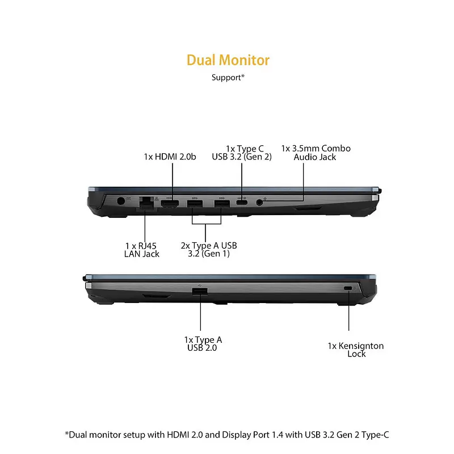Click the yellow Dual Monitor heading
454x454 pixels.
[x=228, y=60]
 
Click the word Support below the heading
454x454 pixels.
[x=226, y=77]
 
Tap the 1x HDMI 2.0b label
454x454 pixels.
[x=170, y=157]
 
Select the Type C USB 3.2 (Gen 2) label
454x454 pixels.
[x=242, y=153]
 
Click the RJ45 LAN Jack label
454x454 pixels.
[x=142, y=250]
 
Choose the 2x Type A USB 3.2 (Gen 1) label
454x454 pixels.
[x=209, y=250]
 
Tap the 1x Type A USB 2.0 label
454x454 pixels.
[x=203, y=343]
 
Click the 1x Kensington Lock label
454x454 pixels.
[x=356, y=350]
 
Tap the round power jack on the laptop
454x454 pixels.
[x=120, y=200]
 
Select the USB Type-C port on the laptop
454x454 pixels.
[x=242, y=201]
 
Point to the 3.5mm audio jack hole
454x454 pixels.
[x=260, y=201]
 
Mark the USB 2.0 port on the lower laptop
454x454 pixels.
[x=200, y=292]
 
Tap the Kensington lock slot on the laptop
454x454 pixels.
[x=348, y=289]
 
